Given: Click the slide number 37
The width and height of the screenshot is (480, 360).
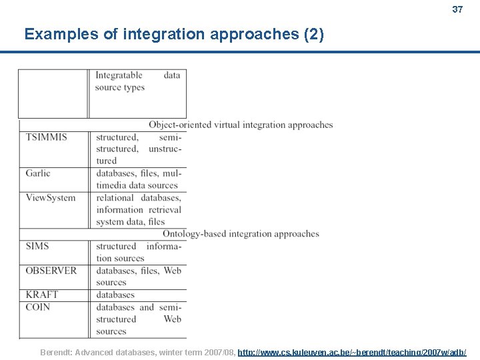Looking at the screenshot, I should pos(457,9).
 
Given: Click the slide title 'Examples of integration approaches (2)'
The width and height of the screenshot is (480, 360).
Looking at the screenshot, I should pos(174,34).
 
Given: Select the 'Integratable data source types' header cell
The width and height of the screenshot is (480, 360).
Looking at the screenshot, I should pos(137,81).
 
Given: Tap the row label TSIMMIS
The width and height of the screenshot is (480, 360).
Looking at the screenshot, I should pos(46,137).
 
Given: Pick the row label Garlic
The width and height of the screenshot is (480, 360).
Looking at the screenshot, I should pos(38,173).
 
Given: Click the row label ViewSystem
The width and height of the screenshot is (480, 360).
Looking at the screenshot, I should pos(51,198).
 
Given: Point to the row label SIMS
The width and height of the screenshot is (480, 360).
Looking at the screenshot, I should pos(37,246).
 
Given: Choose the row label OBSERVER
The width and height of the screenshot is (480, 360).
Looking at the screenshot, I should pos(51,271).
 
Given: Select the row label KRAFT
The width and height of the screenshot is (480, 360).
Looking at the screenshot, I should pos(41,295).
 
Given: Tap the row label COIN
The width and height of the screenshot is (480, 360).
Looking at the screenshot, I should pos(38,307).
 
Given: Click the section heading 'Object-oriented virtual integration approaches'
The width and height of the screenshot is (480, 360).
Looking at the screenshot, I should pos(241,125).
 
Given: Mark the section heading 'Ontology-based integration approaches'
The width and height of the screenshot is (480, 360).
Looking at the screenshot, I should pos(241,234).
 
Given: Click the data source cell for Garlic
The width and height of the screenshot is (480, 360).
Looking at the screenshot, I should pos(137,179).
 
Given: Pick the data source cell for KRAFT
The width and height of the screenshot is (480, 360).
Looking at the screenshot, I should pos(115,295).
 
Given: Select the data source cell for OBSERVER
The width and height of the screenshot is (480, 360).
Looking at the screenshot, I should pos(137,277).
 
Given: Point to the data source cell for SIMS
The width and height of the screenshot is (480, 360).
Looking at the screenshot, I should pos(137,252).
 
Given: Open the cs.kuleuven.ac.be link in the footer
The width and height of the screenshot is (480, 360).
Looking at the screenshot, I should pos(351,352).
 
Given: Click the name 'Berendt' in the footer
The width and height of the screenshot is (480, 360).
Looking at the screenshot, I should pos(57,352).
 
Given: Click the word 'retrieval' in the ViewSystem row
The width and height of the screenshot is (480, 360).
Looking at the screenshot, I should pos(165,210).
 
